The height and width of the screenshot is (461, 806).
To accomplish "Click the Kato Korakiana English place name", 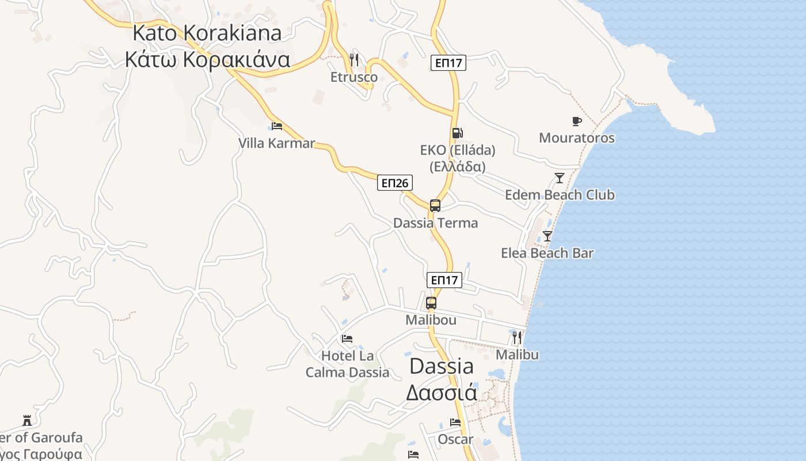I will click(207, 33).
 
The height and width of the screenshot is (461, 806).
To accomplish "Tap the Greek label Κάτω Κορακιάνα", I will click(207, 59).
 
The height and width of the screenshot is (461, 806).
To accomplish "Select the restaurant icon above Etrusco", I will click(354, 59).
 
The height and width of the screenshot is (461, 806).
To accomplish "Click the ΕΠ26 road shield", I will click(395, 183).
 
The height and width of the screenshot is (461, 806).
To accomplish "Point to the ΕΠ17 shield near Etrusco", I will click(448, 63).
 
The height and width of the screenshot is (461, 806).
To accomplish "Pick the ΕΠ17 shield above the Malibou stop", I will click(444, 280).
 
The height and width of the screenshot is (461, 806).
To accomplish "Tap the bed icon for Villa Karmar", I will click(277, 126).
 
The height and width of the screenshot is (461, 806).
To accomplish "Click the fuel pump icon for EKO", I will click(457, 133).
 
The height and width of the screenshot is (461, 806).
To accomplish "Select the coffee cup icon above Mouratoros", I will click(576, 121).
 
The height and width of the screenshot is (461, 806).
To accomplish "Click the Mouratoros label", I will click(576, 138).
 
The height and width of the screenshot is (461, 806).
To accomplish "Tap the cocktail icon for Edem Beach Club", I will click(559, 178).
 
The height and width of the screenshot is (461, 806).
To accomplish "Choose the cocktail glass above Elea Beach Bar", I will click(547, 236).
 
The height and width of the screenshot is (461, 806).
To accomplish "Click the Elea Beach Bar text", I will click(547, 253).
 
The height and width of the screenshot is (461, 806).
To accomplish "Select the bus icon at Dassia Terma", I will click(435, 206).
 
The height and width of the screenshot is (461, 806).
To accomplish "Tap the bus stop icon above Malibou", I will click(431, 303).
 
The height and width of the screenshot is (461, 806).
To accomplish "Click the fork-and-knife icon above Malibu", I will click(517, 338).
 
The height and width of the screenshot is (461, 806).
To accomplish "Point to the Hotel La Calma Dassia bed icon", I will click(347, 339).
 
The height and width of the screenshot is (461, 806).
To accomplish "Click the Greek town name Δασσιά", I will click(442, 392).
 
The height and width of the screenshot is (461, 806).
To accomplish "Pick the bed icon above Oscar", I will click(455, 422).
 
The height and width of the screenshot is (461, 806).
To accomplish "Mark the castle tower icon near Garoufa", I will click(26, 420).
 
